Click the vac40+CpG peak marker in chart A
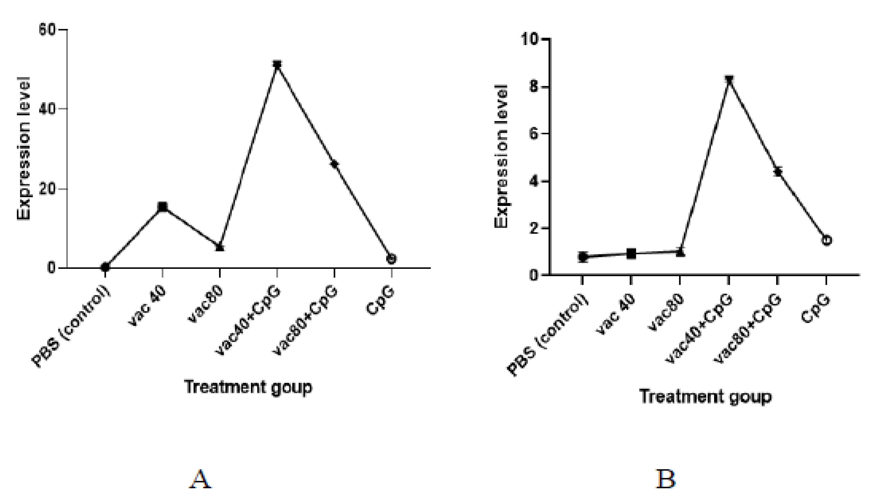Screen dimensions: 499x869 tap(277, 65)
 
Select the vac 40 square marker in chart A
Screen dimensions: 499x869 tap(163, 207)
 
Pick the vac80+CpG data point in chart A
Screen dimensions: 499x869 tap(334, 164)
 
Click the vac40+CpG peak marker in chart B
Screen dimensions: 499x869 tap(729, 80)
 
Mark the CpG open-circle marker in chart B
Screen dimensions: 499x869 tap(826, 240)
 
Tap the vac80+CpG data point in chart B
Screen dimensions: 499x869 tap(777, 171)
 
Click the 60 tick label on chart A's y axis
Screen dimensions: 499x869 tap(47, 30)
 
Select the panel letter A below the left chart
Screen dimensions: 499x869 tap(200, 479)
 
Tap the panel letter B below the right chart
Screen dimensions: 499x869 tap(666, 479)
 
